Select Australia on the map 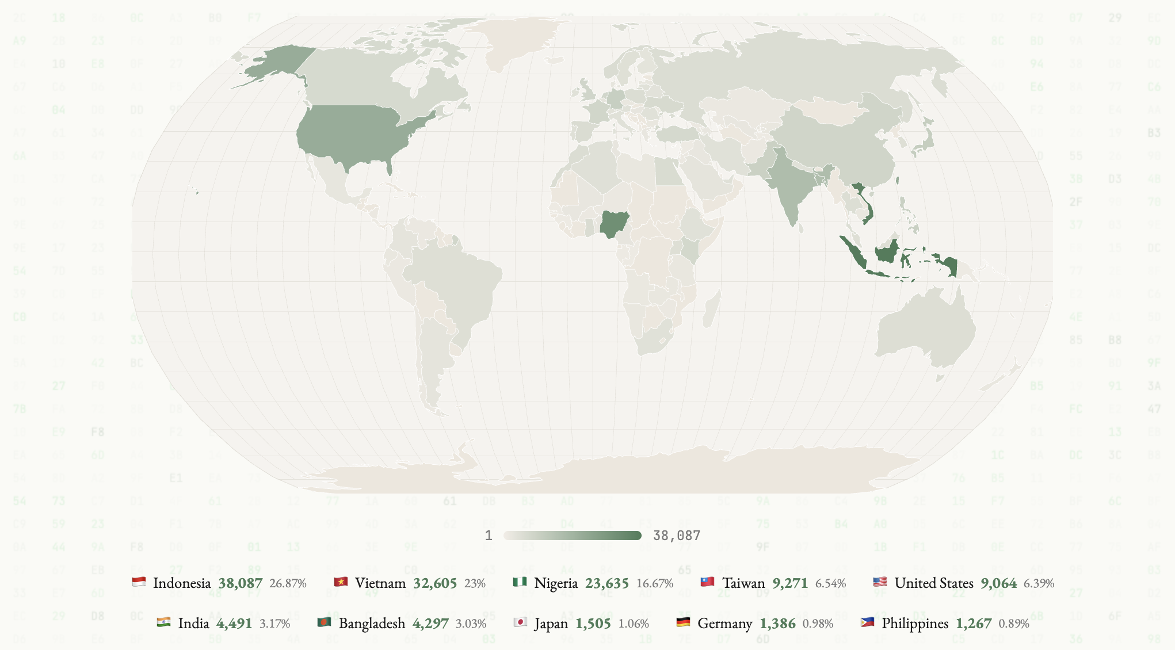(x=926, y=331)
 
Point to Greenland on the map (x=512, y=40)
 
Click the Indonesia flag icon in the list (x=139, y=582)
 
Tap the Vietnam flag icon (x=341, y=582)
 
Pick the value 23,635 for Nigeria (x=606, y=583)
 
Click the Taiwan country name (x=743, y=583)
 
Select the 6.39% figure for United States (x=1039, y=583)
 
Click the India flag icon (x=163, y=622)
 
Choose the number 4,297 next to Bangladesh (x=430, y=624)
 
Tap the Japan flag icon (x=520, y=622)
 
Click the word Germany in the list (x=724, y=624)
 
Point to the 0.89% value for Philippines (x=1013, y=624)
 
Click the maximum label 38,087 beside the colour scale (x=676, y=536)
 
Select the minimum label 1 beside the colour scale (x=489, y=536)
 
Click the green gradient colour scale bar (x=573, y=536)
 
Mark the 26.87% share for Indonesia (x=288, y=583)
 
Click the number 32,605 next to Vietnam (x=434, y=583)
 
